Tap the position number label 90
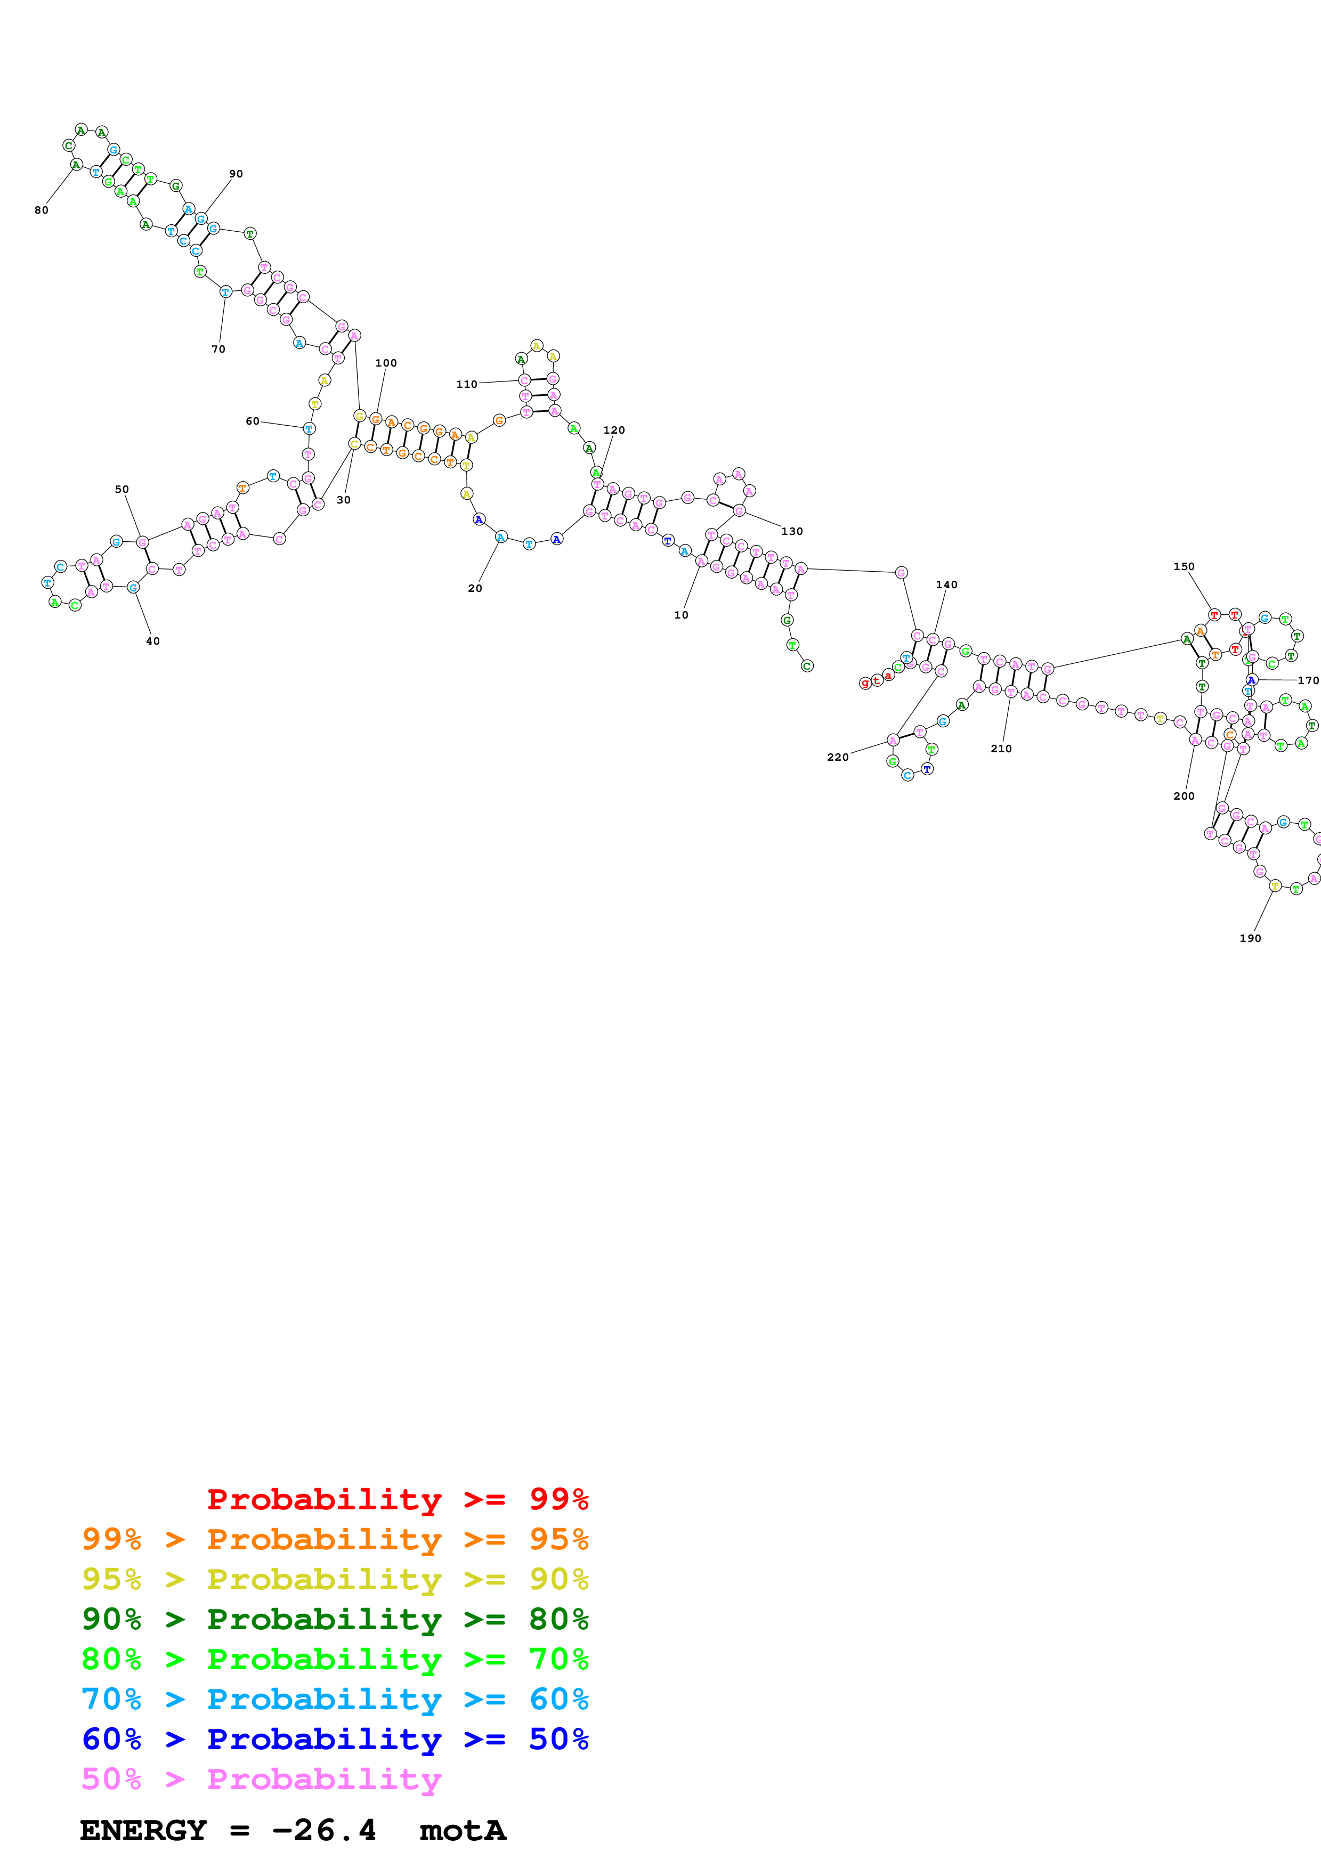[x=236, y=173]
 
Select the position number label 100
[x=386, y=363]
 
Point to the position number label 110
[x=466, y=384]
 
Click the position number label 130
[x=792, y=532]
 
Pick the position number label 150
[x=1184, y=566]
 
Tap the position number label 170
[x=1308, y=680]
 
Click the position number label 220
[x=838, y=757]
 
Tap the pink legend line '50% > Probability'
[x=261, y=1778]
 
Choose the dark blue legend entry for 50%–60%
[x=335, y=1739]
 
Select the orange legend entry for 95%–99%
[x=335, y=1539]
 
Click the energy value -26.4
[x=324, y=1830]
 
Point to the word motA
[x=463, y=1830]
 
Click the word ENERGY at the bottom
[x=143, y=1830]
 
